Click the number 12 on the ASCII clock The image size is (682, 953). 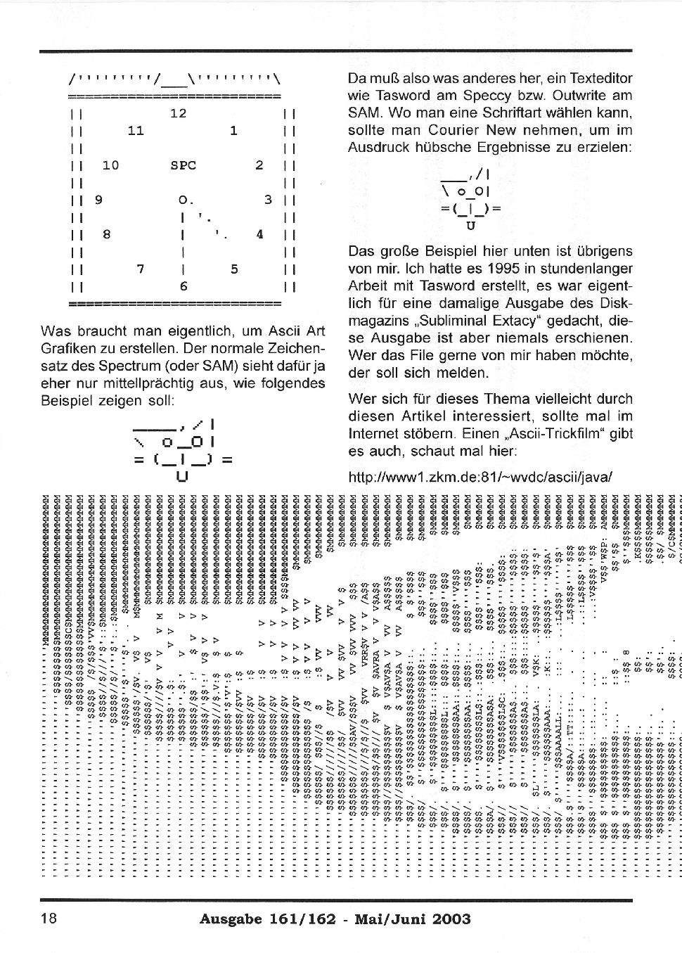179,113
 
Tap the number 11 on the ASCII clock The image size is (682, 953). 136,131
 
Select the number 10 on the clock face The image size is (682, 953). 110,165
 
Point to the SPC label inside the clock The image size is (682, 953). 183,165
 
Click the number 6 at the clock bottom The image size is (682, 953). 183,286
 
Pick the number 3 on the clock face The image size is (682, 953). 268,200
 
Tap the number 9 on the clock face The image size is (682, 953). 98,200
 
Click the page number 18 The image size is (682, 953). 49,919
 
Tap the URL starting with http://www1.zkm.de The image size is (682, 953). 481,477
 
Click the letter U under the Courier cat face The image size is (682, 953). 470,226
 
